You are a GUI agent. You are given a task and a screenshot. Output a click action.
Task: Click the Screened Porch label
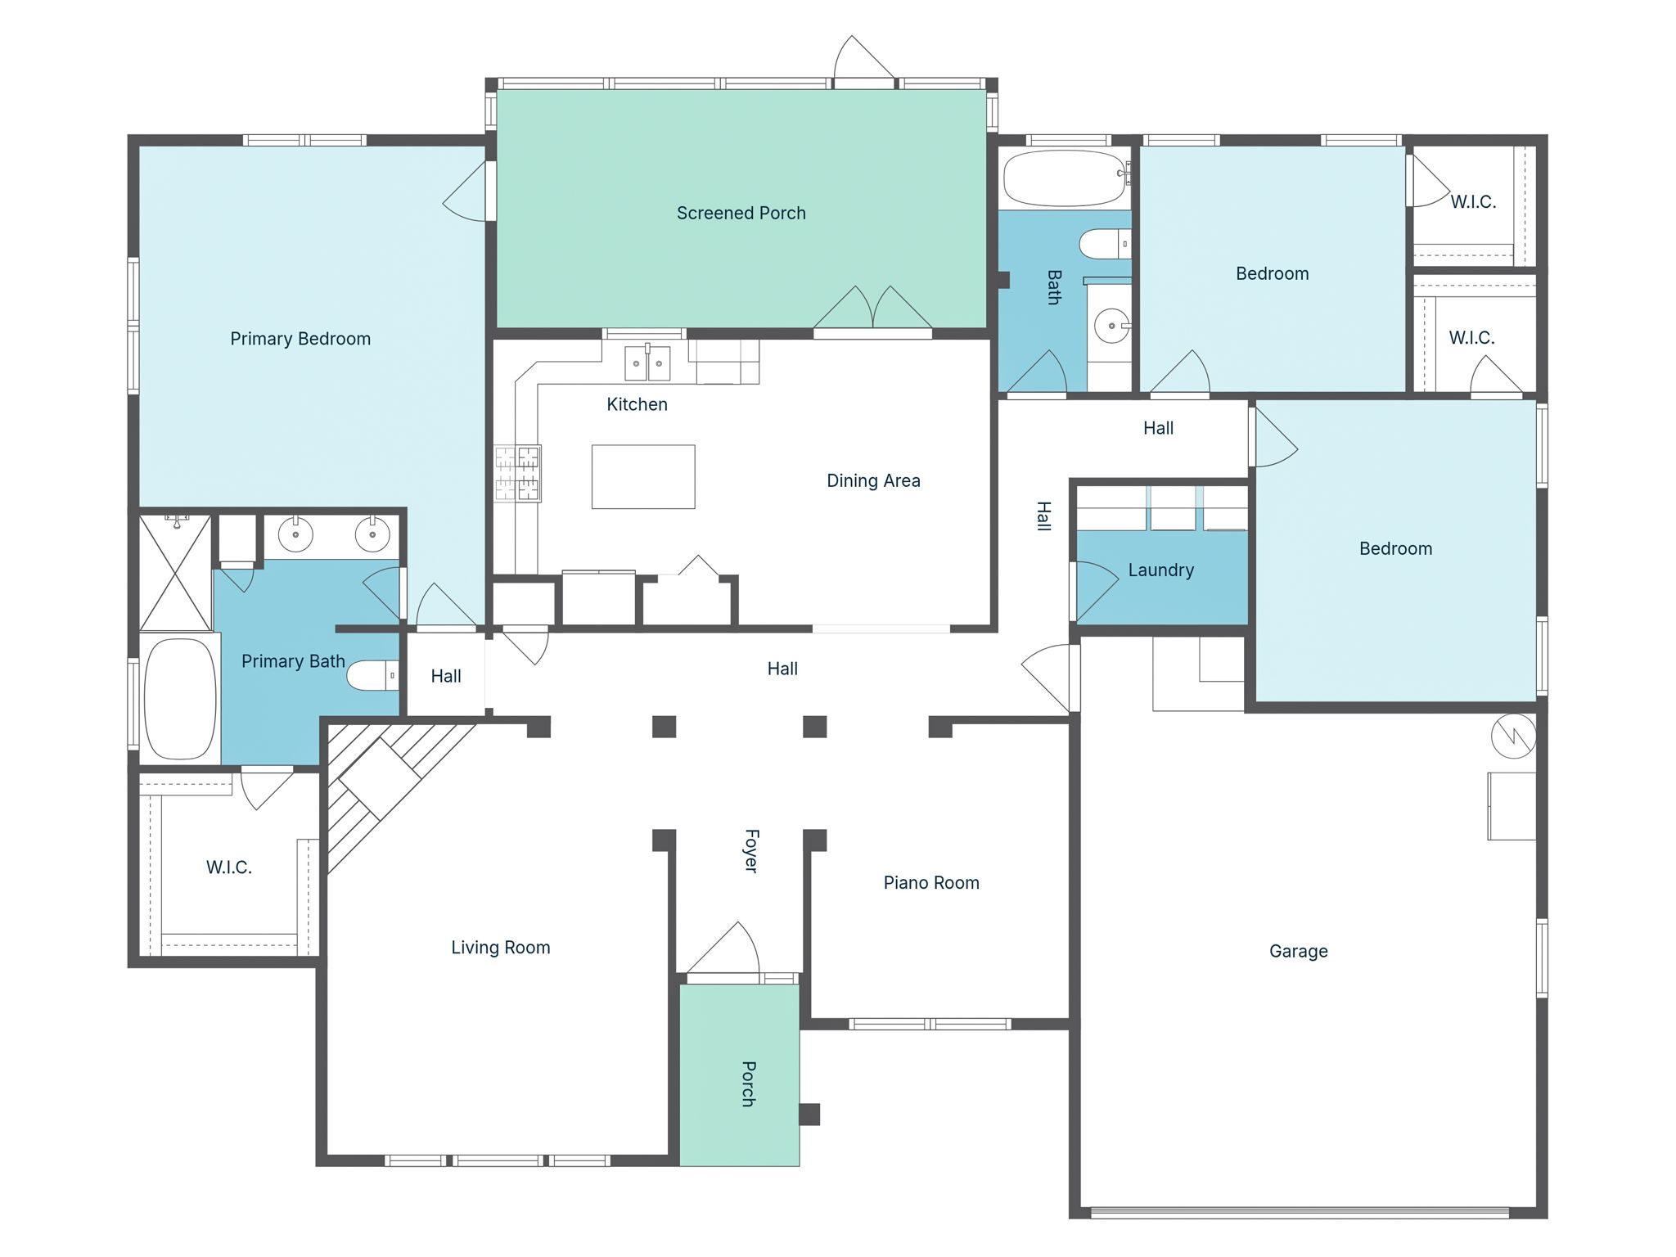tap(741, 213)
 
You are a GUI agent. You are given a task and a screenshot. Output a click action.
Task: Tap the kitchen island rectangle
tap(643, 476)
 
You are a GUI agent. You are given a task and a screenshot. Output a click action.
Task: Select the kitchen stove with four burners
tap(517, 473)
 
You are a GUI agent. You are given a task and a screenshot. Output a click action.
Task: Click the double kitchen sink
tap(647, 363)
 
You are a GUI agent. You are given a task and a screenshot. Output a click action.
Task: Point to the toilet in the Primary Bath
tap(372, 675)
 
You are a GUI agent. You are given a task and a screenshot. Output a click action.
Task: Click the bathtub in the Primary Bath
tap(180, 699)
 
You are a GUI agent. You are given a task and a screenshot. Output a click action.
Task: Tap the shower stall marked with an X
tap(175, 573)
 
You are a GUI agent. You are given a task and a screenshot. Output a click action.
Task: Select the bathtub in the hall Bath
tap(1064, 178)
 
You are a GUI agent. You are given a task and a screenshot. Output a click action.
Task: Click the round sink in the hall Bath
tap(1111, 326)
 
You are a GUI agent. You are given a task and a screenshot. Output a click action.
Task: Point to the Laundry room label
tap(1160, 570)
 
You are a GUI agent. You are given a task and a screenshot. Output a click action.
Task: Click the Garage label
tap(1298, 951)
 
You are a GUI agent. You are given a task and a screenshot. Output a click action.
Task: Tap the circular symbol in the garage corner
tap(1513, 736)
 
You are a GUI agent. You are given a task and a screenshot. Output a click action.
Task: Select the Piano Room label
tap(931, 882)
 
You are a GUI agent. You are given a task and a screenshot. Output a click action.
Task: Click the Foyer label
tap(751, 851)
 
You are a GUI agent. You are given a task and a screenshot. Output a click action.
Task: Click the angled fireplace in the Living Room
tap(381, 777)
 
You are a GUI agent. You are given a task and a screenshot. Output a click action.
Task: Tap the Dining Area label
tap(873, 480)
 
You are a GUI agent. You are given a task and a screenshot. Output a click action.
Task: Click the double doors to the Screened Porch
tap(873, 311)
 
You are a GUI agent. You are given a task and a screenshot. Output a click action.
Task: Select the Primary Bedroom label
tap(300, 339)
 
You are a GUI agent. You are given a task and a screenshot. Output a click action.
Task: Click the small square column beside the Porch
tap(809, 1114)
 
